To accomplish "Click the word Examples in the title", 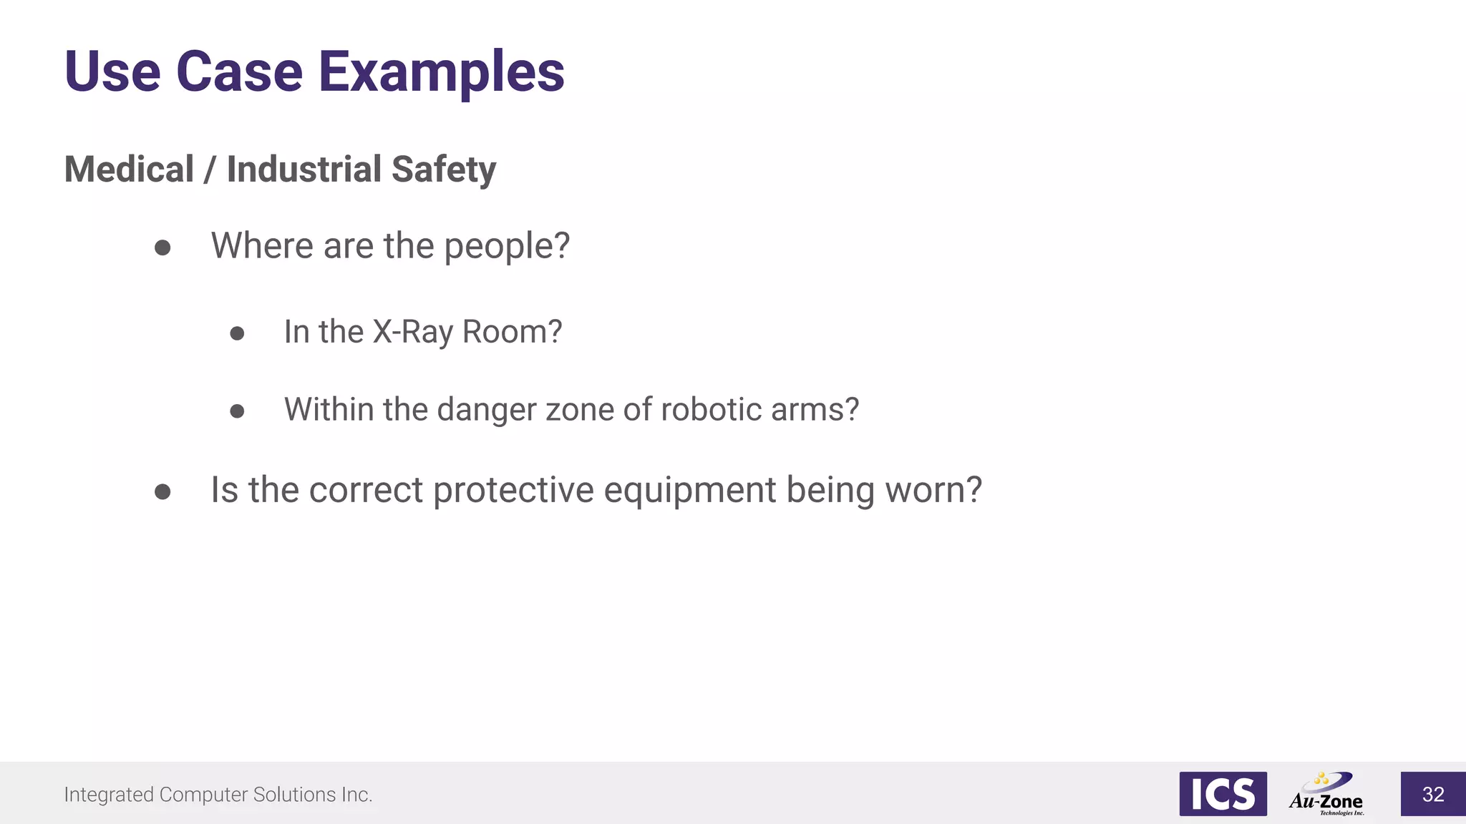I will click(x=441, y=72).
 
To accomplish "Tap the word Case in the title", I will click(x=239, y=72).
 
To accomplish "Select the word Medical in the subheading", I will click(x=130, y=170).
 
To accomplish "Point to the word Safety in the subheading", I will click(x=444, y=170).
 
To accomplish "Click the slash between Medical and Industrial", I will click(x=210, y=170).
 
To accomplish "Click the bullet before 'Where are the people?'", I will click(x=162, y=247).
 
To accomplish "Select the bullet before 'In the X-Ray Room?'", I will click(x=237, y=333).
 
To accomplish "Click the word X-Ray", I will click(x=413, y=332).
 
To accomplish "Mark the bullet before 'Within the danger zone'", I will click(x=237, y=411).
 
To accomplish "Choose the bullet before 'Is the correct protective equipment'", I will click(x=162, y=492).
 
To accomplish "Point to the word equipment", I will click(x=690, y=491).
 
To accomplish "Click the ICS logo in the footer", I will click(x=1223, y=794).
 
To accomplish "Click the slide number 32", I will click(x=1433, y=794).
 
